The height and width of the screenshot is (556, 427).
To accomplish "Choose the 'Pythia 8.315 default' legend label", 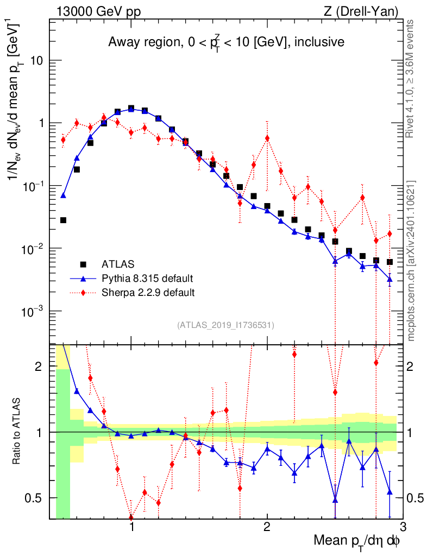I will (x=147, y=279).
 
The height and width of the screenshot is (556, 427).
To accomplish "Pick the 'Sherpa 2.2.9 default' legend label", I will (x=148, y=293).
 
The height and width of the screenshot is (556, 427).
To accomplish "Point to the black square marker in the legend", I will (x=83, y=264).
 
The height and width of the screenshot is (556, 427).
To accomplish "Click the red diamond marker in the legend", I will (x=83, y=293).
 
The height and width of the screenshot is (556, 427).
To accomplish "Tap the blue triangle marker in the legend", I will (x=83, y=279).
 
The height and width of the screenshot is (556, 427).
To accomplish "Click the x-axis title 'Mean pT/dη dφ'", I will (x=357, y=542).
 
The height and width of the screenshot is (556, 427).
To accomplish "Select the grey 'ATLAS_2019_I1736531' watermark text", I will (x=225, y=325).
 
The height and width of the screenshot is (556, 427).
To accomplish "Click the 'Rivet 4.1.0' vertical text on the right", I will (x=411, y=79).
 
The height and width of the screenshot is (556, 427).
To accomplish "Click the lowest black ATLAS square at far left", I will (x=64, y=220).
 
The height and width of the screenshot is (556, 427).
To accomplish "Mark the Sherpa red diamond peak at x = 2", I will (x=267, y=138).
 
